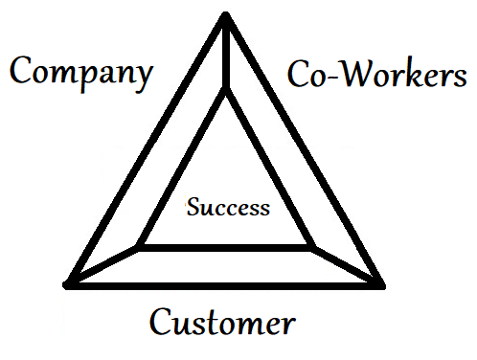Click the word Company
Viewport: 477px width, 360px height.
point(81,72)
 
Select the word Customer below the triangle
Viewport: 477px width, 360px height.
point(221,322)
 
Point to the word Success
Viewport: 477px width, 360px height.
point(228,207)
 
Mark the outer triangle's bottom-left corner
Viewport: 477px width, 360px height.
point(68,283)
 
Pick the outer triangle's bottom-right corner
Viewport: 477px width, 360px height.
point(380,283)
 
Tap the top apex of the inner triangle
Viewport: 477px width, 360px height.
point(225,90)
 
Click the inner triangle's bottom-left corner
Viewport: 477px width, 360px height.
point(140,248)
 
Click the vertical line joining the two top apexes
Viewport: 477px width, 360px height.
point(225,53)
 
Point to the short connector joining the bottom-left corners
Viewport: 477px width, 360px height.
point(103,266)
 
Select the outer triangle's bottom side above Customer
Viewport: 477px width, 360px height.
point(225,283)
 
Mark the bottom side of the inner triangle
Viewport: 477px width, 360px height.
point(226,248)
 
